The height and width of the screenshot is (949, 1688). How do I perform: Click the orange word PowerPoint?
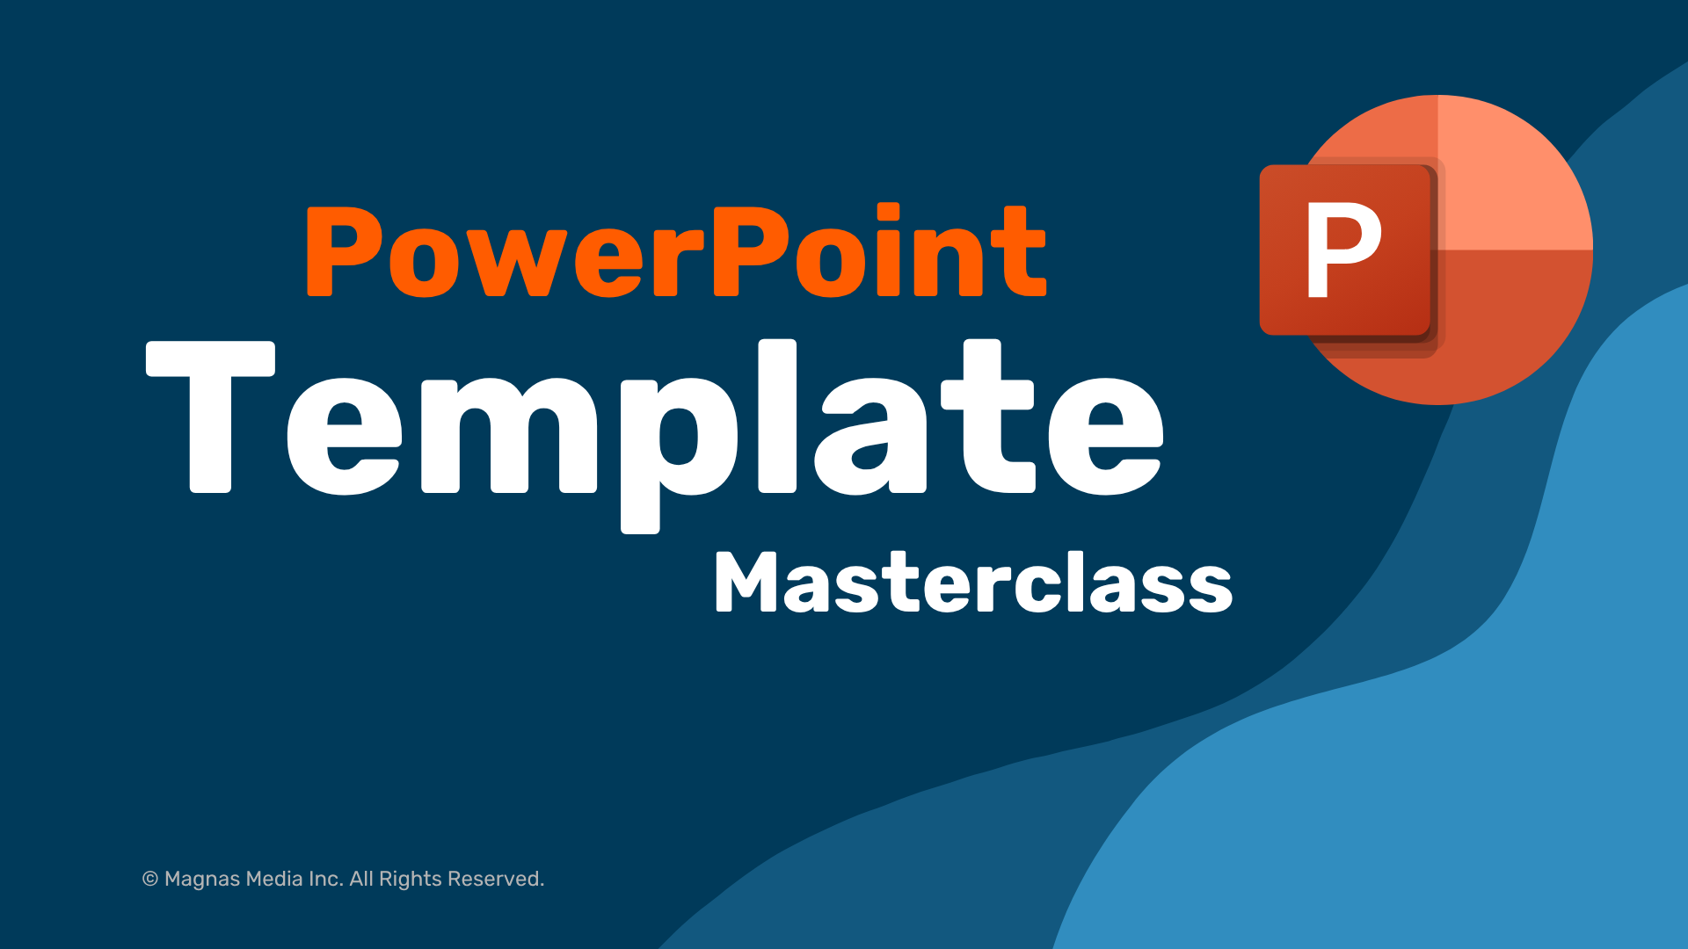[675, 252]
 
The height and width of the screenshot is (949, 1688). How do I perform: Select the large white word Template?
[655, 422]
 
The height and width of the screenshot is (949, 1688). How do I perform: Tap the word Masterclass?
[973, 583]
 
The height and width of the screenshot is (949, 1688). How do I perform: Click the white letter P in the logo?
[1342, 250]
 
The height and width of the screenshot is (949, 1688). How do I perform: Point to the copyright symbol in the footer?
[150, 880]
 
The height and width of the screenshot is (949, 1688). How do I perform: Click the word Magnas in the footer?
[201, 880]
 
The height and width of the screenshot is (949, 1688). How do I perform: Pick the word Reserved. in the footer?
[496, 879]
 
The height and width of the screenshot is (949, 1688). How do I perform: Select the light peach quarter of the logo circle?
[1512, 176]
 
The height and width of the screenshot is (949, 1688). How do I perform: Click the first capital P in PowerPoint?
[345, 251]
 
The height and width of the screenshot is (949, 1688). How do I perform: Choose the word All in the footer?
[361, 879]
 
